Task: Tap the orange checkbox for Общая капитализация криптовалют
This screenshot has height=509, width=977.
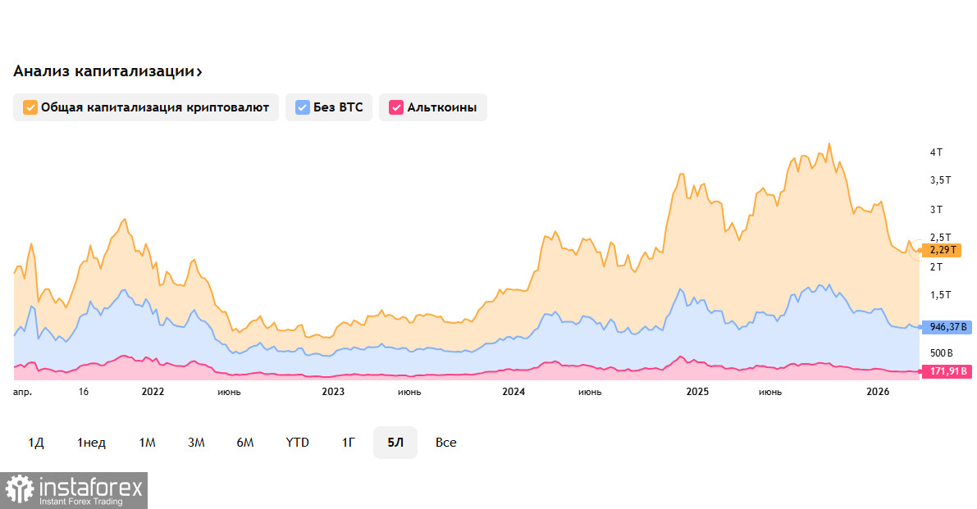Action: click(x=30, y=107)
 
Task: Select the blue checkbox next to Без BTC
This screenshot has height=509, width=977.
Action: click(x=303, y=107)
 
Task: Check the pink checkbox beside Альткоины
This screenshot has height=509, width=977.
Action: click(x=396, y=107)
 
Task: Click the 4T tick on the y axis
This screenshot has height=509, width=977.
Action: click(x=936, y=152)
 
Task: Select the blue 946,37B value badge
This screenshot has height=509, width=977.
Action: click(x=948, y=327)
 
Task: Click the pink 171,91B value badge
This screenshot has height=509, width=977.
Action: click(x=948, y=372)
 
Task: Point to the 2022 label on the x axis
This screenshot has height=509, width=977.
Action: click(x=153, y=392)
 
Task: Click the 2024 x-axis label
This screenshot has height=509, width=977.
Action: click(x=514, y=392)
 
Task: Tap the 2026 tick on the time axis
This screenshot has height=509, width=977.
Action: click(x=878, y=392)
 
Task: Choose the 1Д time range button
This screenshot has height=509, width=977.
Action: click(x=36, y=443)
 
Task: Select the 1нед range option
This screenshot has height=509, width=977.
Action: click(x=91, y=443)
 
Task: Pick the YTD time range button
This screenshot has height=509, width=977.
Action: click(x=297, y=443)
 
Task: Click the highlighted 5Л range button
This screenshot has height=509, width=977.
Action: click(x=395, y=443)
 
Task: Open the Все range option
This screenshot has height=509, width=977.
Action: click(x=446, y=443)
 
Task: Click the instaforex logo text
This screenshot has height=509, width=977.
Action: click(x=91, y=489)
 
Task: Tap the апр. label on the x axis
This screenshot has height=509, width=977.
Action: click(x=22, y=392)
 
